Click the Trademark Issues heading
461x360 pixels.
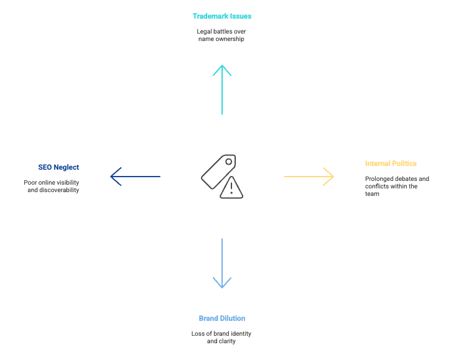(x=222, y=16)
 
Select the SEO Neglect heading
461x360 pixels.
(x=58, y=167)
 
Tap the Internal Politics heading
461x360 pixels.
(x=391, y=164)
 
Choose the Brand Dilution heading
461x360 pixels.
(x=222, y=318)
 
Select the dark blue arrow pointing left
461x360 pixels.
(x=135, y=177)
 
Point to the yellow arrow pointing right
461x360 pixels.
(x=309, y=177)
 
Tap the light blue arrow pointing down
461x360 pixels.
(x=222, y=263)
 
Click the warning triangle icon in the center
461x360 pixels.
(x=231, y=188)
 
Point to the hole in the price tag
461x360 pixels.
(x=228, y=162)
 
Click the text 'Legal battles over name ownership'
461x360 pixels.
(x=222, y=34)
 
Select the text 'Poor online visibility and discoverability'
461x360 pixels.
(x=53, y=186)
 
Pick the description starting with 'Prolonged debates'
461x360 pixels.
(x=396, y=186)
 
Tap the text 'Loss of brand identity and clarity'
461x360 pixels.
(x=222, y=337)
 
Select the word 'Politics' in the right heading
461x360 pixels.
(x=404, y=164)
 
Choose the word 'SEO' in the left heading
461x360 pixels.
(x=44, y=167)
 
